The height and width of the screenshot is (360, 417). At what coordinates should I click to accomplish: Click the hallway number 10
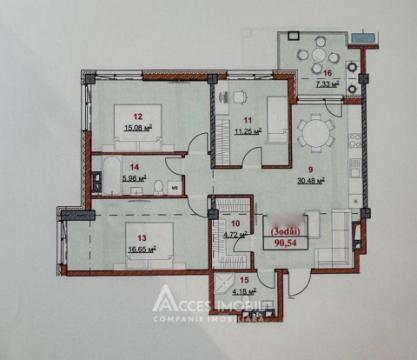[236, 223]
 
